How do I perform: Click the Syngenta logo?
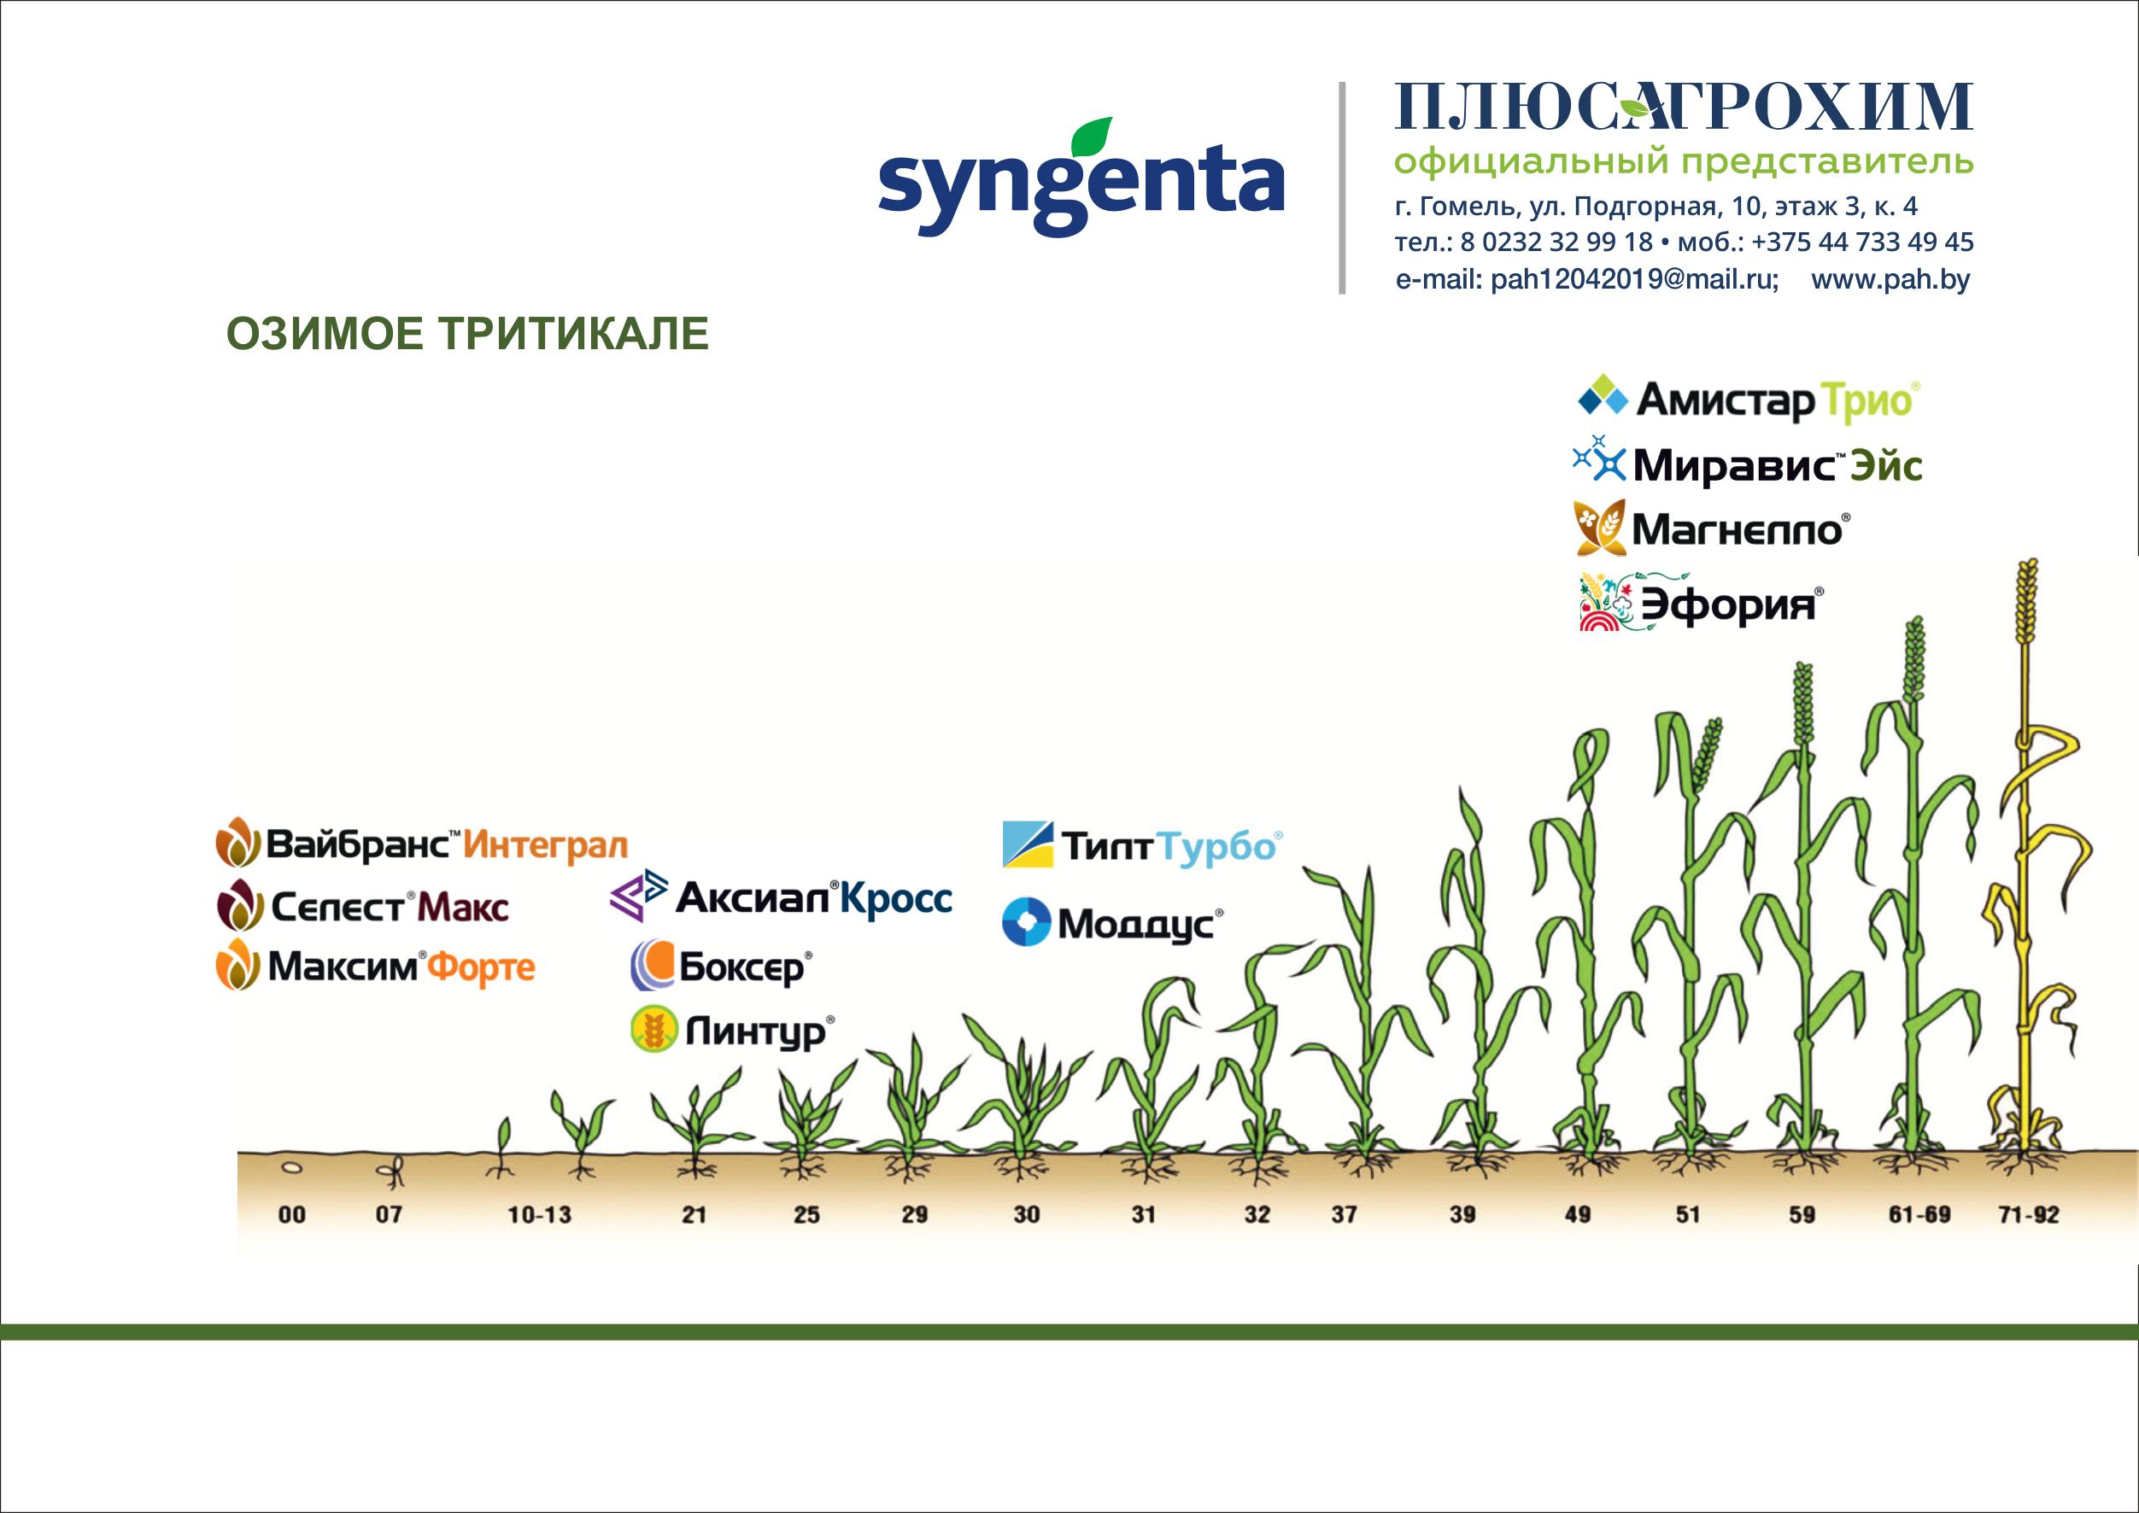[x=1081, y=178]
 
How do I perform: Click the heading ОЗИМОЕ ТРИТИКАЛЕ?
[x=468, y=334]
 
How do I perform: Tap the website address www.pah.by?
[x=1890, y=279]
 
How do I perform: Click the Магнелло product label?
[x=1711, y=529]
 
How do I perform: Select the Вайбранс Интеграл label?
[x=421, y=843]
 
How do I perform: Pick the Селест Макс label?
[x=362, y=907]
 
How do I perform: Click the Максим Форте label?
[x=376, y=967]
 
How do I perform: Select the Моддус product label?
[x=1113, y=922]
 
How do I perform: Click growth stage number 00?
[x=292, y=1215]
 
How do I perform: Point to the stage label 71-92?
[x=2029, y=1215]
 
